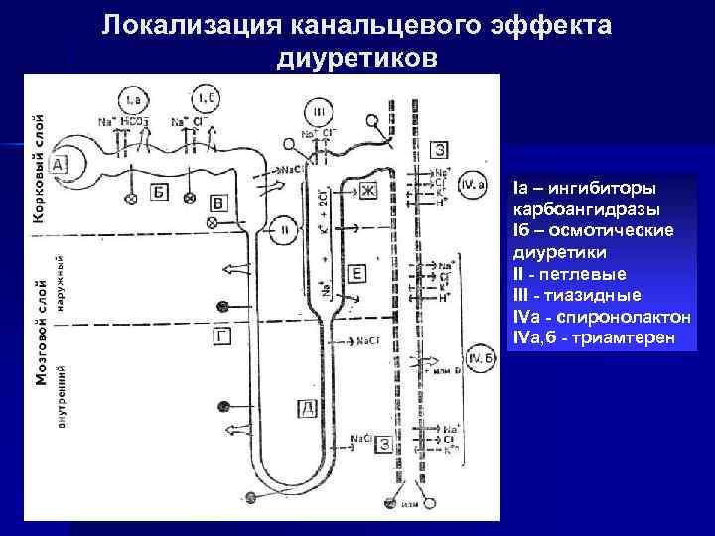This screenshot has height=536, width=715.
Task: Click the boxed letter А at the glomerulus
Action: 58,165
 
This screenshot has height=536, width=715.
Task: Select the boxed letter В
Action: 221,202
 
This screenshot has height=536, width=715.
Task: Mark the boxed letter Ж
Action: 369,189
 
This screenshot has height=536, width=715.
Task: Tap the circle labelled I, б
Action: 206,99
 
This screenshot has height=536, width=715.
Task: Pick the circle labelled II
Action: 284,229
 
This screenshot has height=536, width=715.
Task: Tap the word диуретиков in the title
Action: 357,60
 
